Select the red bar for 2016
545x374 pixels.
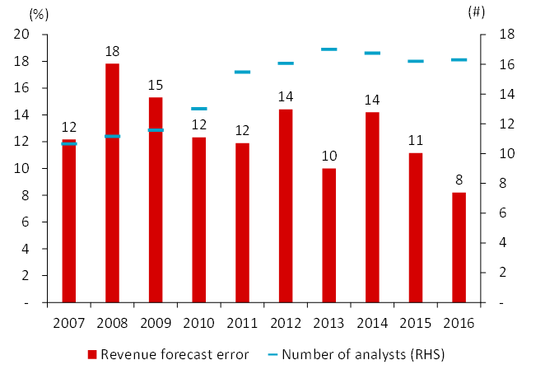pos(459,247)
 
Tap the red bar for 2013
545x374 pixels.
pos(329,236)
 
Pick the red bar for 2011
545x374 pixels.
pos(242,222)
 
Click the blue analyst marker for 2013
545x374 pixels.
pos(329,49)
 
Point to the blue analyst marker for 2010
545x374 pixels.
pos(198,109)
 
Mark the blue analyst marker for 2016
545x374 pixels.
pos(459,60)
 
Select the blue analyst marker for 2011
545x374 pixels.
pos(242,72)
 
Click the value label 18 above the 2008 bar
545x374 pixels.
pos(112,51)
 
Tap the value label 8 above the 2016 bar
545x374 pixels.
pos(459,180)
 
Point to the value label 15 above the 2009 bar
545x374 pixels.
pos(156,85)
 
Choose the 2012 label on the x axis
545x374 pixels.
pos(286,322)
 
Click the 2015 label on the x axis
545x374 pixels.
pos(416,322)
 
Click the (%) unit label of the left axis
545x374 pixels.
pos(38,13)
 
